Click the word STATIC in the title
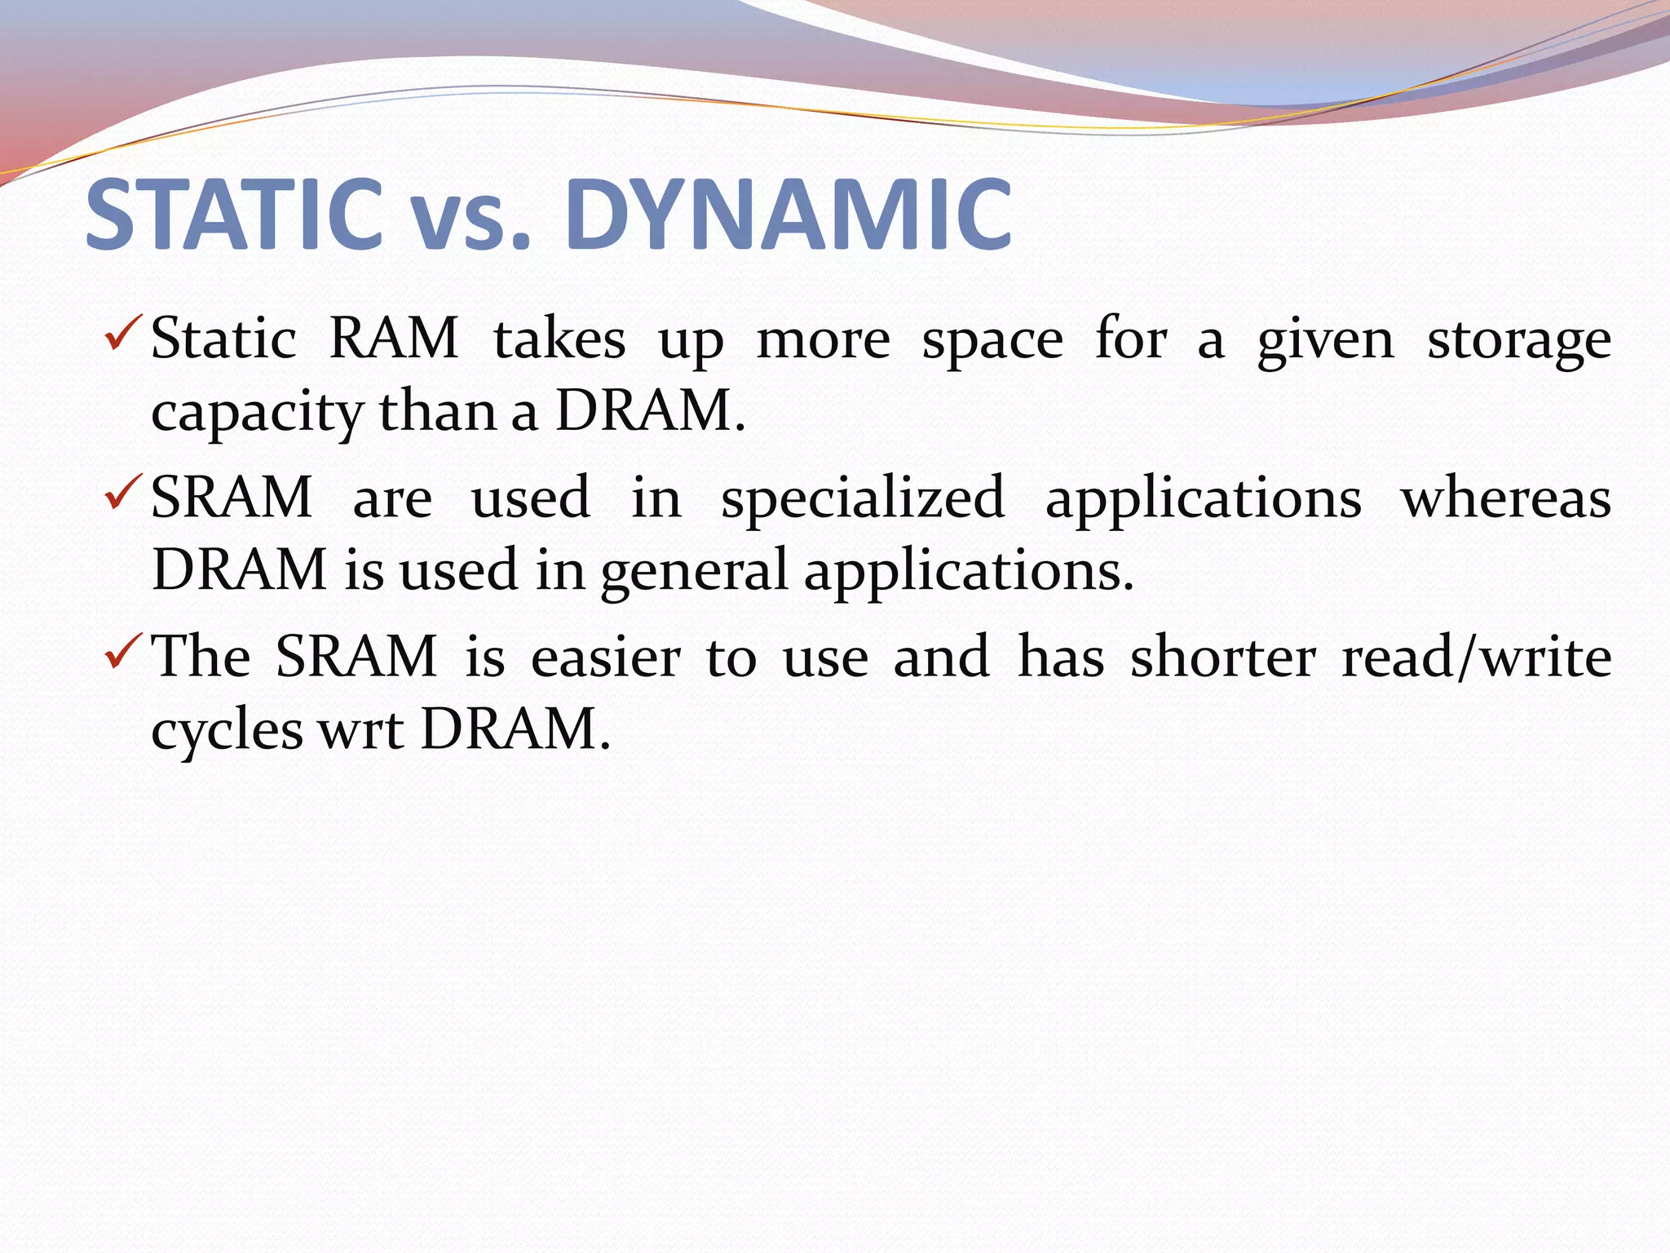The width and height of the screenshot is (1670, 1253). [234, 215]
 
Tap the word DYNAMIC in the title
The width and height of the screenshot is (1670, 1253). [788, 215]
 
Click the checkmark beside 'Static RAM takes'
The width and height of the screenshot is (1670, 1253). [124, 334]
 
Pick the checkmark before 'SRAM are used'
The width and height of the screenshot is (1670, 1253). [124, 494]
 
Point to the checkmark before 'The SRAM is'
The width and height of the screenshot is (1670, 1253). [124, 653]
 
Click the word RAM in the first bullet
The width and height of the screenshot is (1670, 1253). [394, 339]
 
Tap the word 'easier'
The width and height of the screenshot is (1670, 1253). [605, 657]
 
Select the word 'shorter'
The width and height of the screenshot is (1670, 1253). [1222, 657]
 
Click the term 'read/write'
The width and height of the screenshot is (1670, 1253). [1476, 657]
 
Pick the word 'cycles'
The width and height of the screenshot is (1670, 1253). [227, 731]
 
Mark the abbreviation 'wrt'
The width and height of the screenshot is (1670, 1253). [361, 731]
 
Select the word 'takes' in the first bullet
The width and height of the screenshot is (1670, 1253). [559, 339]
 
